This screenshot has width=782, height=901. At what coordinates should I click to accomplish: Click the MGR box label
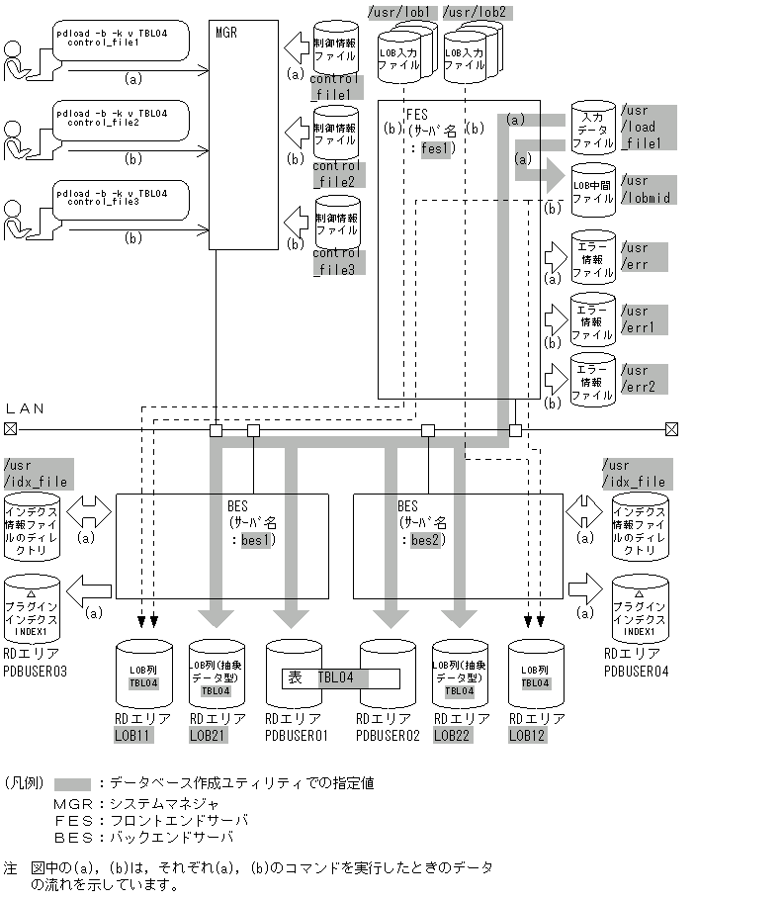click(x=226, y=32)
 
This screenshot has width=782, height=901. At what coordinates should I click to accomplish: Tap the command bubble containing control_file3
click(x=121, y=202)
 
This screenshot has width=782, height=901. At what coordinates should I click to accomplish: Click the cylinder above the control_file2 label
click(x=336, y=135)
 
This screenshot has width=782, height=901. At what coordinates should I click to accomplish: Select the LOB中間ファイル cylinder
click(x=592, y=185)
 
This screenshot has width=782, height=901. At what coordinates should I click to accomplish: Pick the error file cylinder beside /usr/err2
click(x=592, y=381)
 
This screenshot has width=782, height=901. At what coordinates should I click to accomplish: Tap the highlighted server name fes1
click(x=435, y=148)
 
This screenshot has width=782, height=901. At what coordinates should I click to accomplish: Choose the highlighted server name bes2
click(x=424, y=540)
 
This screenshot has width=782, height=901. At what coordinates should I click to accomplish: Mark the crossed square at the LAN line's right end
click(x=672, y=429)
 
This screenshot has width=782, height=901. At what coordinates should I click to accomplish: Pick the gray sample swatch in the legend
click(x=73, y=783)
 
